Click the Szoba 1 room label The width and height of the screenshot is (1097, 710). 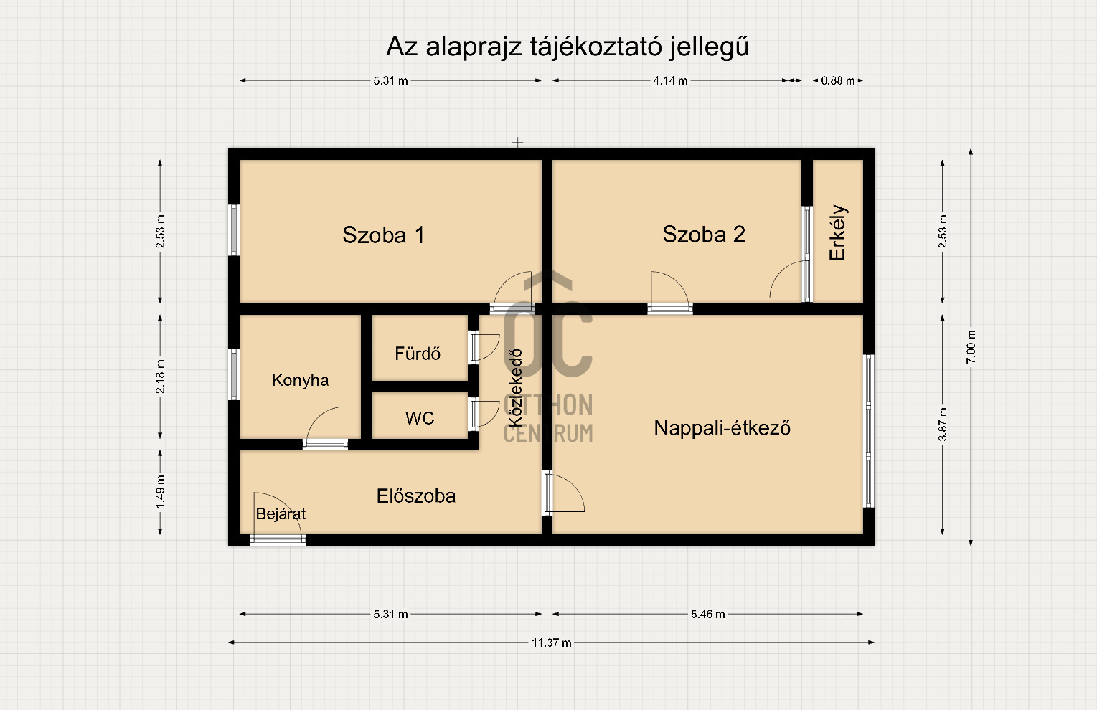[383, 235]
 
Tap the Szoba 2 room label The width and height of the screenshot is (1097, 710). [704, 234]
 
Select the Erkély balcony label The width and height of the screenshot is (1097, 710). [837, 232]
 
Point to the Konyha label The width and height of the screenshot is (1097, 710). [300, 380]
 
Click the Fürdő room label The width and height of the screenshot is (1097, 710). [418, 353]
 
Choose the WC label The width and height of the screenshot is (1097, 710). [419, 418]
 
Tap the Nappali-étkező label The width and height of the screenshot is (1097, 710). [722, 428]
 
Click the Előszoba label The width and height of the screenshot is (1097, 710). [416, 496]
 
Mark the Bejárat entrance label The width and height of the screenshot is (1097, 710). [281, 513]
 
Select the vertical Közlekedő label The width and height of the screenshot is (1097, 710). [514, 388]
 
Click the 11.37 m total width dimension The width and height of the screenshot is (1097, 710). [552, 643]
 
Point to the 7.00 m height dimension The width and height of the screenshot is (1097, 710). [971, 346]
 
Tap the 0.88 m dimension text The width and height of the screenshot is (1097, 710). [837, 81]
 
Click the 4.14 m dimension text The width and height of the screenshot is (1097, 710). [670, 81]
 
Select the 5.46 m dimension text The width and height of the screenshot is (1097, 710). [707, 615]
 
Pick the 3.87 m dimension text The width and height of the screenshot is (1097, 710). [943, 424]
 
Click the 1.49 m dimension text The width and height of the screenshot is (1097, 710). [160, 491]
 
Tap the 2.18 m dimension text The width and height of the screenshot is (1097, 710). [160, 377]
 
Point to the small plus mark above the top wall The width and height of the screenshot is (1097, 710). [517, 143]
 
